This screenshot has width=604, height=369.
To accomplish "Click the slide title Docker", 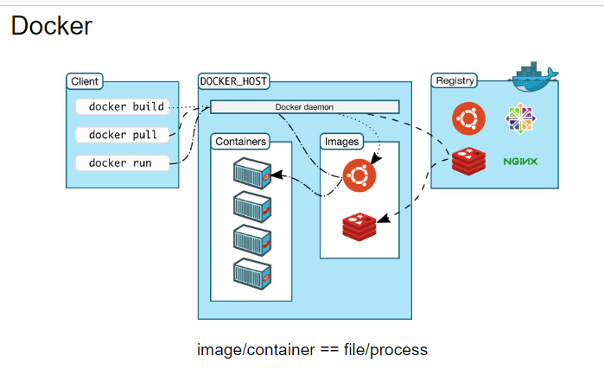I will [x=51, y=26].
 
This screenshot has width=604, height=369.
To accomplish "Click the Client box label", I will [x=84, y=81].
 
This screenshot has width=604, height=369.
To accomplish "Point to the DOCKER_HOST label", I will [x=233, y=81].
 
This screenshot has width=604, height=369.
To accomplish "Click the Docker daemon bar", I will [x=304, y=107].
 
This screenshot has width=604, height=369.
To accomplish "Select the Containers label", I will [x=241, y=140].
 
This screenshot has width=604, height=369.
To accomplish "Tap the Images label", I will [x=341, y=140].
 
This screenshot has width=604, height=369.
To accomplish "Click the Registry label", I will [x=455, y=81].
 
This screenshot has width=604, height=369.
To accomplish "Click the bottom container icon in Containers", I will [x=252, y=275].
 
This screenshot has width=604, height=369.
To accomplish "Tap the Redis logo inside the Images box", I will [x=360, y=226].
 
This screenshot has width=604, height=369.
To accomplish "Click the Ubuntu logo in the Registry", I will [x=468, y=119].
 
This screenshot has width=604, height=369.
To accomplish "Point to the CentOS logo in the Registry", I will [x=520, y=119].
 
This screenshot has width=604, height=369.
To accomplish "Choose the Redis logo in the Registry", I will [x=468, y=162].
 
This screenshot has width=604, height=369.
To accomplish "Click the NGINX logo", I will [x=521, y=162].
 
